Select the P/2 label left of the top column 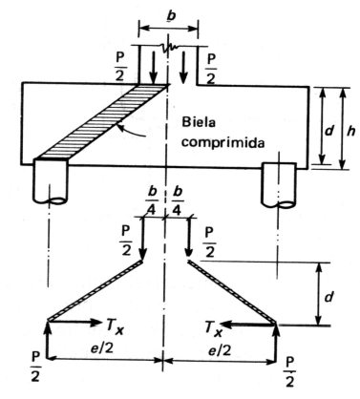pos(120,62)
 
